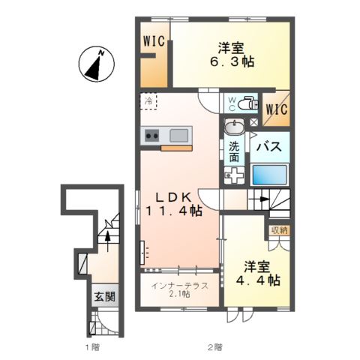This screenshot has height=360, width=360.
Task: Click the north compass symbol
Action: [x=94, y=64]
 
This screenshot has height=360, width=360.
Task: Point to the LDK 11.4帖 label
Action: [x=178, y=204]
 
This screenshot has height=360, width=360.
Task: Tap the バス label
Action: [x=269, y=147]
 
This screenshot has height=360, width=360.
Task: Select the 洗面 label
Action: [x=234, y=153]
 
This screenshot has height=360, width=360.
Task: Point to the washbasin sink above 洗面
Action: [x=234, y=127]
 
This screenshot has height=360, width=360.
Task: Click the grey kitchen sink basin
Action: [x=178, y=135]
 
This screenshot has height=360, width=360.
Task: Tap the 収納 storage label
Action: [x=279, y=229]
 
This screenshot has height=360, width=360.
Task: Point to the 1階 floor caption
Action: [x=91, y=347]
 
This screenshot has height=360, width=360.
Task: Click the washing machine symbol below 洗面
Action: [x=234, y=175]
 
